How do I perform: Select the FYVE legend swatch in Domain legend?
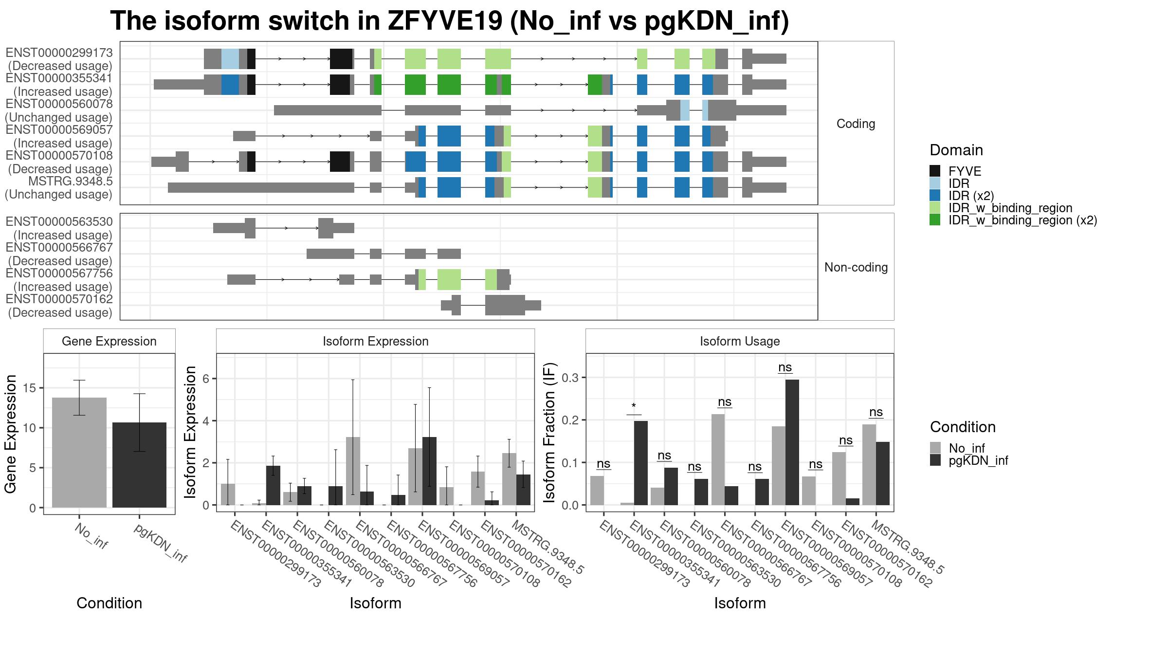coord(935,171)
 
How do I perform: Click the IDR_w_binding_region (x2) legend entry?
coord(1022,220)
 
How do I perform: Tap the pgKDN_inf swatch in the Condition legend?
coord(935,460)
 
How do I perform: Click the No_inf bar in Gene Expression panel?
coord(79,453)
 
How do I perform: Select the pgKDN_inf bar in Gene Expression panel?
coord(139,465)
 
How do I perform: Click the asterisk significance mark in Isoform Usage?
coord(634,406)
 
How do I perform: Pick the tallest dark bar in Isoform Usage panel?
coord(792,442)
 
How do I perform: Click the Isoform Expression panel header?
coord(375,341)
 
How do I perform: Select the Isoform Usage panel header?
coord(740,341)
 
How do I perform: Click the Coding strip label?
coord(856,124)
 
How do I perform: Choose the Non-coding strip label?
coord(856,267)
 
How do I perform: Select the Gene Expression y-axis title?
coord(11,434)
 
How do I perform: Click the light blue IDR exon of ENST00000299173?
coord(230,59)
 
